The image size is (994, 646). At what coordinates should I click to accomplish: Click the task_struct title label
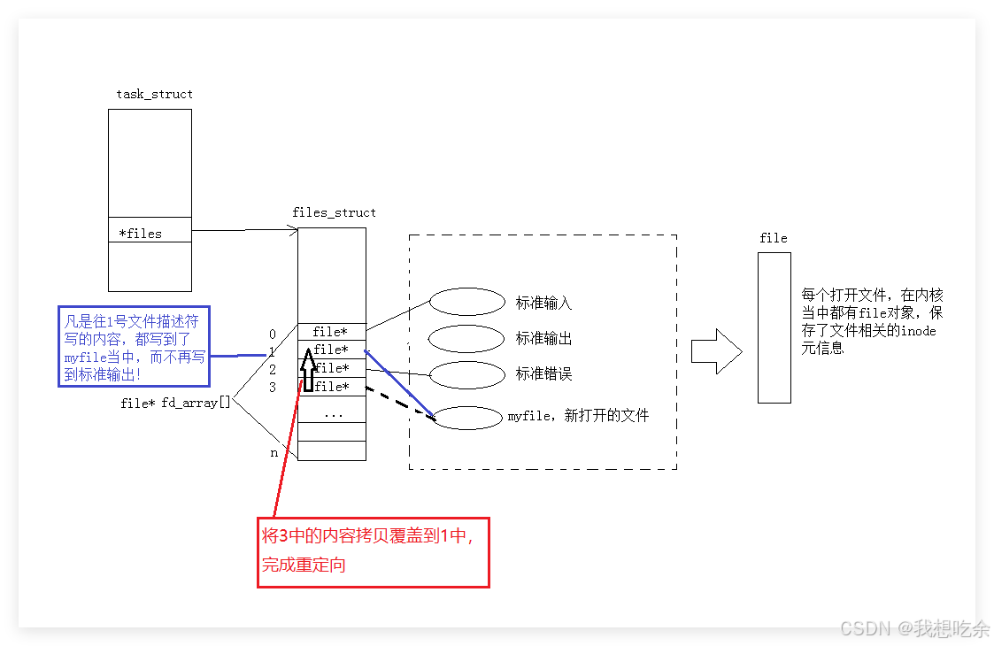click(154, 94)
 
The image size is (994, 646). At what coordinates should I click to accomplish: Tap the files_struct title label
click(334, 212)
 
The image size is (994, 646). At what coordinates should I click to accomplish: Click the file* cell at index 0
click(331, 333)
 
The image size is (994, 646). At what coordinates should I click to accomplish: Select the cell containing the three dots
click(332, 413)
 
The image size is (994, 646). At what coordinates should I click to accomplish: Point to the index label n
click(274, 452)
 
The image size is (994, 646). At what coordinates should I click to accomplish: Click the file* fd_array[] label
click(175, 403)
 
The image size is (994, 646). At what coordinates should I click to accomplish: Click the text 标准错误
click(543, 374)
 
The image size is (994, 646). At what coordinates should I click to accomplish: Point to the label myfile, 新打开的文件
click(578, 416)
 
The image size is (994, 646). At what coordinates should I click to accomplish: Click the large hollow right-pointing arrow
click(715, 350)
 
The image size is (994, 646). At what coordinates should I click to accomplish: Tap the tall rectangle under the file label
click(774, 327)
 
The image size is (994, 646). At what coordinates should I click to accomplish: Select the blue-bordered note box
click(134, 347)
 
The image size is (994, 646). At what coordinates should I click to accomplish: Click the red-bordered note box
click(373, 552)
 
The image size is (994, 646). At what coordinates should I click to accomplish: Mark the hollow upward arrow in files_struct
click(307, 370)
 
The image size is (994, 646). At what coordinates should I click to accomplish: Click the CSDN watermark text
click(913, 628)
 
